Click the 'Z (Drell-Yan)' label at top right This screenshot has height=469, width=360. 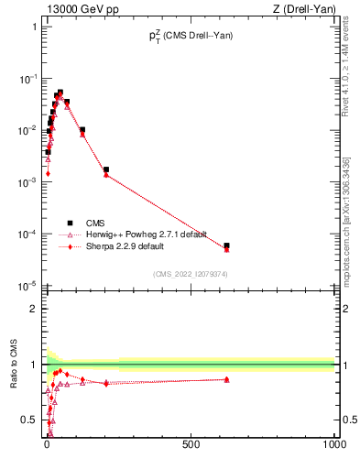(303, 9)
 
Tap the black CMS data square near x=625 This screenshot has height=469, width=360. (226, 245)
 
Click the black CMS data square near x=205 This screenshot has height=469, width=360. (106, 169)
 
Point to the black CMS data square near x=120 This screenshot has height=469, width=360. (82, 130)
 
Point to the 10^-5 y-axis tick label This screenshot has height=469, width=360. (27, 286)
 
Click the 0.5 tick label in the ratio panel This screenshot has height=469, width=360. (30, 420)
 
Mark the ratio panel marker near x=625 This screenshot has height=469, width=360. (226, 379)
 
